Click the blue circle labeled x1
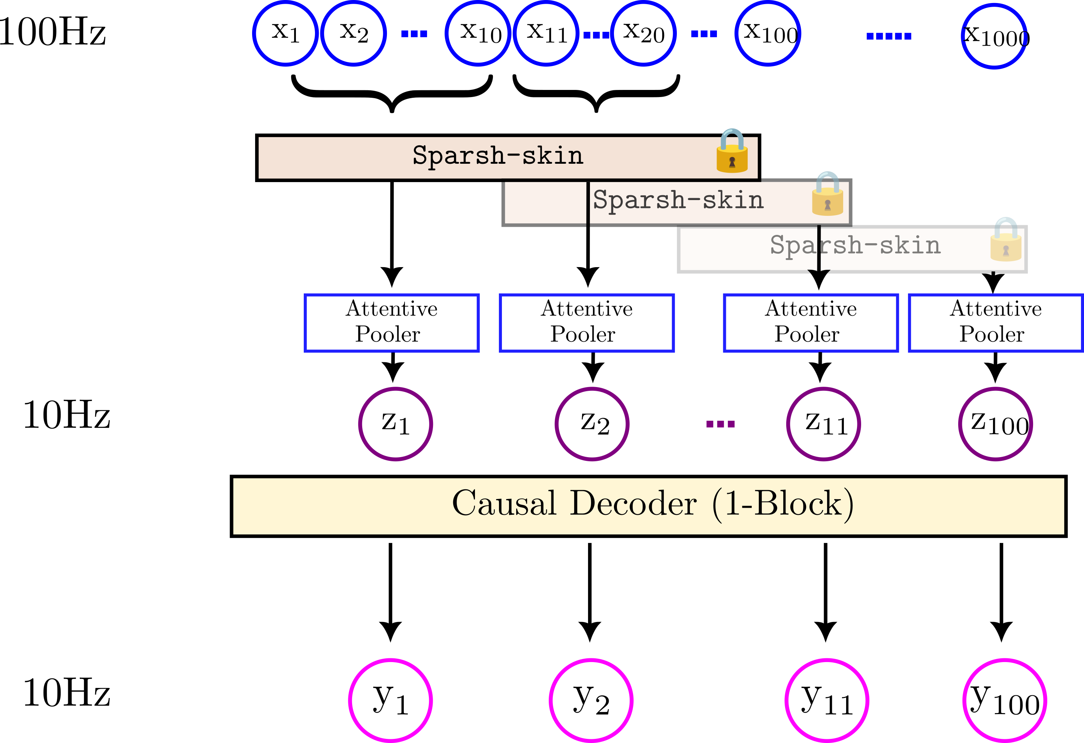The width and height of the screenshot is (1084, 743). pos(285,33)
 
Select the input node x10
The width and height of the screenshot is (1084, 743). pos(478,33)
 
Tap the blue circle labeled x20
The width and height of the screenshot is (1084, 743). pos(643,33)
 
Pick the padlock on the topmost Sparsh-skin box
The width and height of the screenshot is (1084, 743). pos(732,151)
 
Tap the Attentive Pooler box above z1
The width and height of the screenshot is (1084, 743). pos(391,323)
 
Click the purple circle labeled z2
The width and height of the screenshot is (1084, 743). pos(592,424)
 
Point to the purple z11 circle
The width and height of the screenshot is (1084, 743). pos(823,424)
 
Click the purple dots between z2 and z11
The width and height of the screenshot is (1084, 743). pos(720,424)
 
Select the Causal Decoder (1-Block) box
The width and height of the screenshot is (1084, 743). pos(648,506)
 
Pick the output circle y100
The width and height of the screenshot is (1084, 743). pos(1005,700)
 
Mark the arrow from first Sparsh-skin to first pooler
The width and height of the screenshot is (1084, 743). pos(392,233)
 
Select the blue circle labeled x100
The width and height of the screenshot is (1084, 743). pos(768,33)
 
